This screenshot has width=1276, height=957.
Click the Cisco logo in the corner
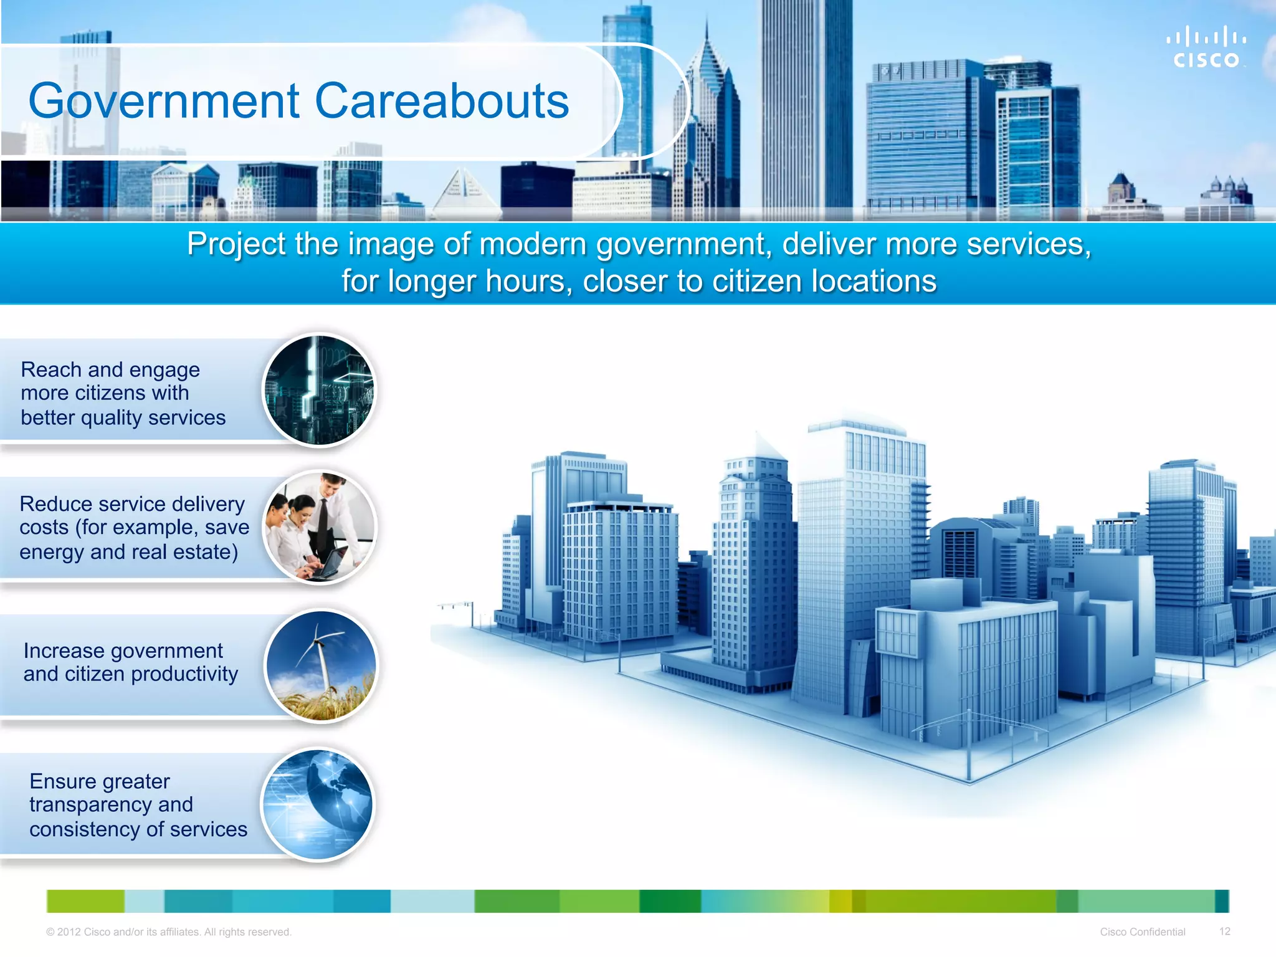1206,47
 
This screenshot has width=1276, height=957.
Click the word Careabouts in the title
442,101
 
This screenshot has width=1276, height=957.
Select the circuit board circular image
319,390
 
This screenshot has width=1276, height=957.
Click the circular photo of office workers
319,527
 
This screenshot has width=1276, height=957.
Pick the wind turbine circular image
320,665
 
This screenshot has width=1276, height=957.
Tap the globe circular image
318,804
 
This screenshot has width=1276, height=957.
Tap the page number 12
1224,931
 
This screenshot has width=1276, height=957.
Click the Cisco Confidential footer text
1142,931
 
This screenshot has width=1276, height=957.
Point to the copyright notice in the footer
168,932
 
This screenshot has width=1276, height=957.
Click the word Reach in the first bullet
52,369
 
